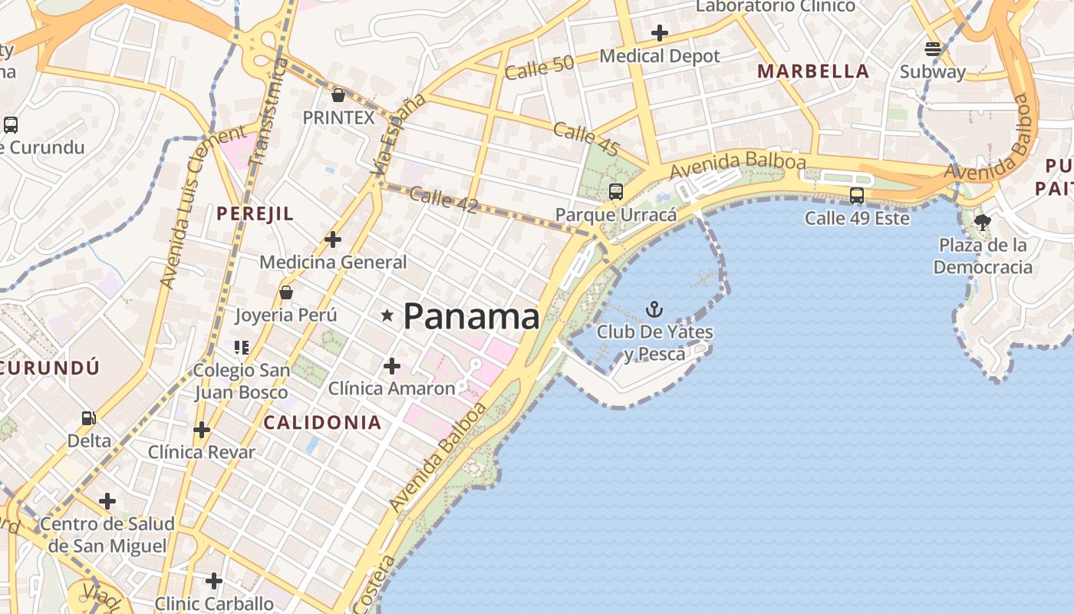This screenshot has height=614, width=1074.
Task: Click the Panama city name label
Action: (471, 316)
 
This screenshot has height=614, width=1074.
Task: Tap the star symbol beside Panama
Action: (387, 315)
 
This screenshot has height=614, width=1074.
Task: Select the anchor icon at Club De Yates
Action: (654, 309)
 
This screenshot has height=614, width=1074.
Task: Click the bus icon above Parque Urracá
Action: (616, 192)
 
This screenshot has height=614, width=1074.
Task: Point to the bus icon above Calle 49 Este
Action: (857, 196)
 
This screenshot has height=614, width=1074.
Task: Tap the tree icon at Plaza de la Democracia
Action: (982, 223)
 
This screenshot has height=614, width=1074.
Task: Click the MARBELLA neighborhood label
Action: (813, 71)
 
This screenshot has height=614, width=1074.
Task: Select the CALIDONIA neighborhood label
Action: (322, 422)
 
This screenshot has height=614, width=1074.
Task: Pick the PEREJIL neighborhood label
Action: (255, 213)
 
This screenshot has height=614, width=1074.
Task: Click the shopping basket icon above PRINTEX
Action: (338, 95)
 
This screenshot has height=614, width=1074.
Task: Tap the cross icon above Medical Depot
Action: (659, 33)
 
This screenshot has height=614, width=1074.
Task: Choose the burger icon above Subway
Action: (933, 49)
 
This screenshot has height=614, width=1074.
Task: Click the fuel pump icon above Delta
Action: (89, 418)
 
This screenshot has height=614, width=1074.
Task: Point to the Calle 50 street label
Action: (539, 68)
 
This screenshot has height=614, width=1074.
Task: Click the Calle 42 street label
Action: (443, 200)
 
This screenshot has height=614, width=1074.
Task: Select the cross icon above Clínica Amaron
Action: (392, 366)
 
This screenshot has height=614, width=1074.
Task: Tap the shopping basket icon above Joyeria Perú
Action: (286, 292)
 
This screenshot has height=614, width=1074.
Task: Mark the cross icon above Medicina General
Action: (333, 239)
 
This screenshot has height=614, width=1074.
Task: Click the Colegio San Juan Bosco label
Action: (241, 381)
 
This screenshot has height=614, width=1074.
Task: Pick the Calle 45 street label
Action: (585, 139)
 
